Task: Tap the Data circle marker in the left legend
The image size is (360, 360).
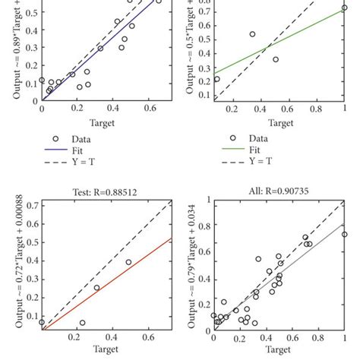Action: coord(55,139)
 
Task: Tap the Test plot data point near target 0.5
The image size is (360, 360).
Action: coord(128,262)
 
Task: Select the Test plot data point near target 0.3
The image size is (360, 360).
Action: coord(96,288)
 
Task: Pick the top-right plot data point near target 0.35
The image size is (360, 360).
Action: coord(253,34)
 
